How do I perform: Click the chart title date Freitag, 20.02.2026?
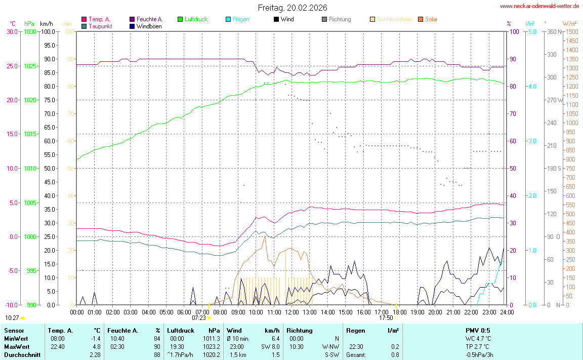click(292, 8)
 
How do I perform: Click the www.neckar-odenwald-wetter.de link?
click(539, 6)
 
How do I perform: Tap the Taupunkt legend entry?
click(100, 26)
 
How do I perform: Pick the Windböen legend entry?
click(149, 26)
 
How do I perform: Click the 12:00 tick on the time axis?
click(291, 311)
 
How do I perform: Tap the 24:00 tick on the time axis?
click(507, 311)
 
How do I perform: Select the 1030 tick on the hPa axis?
click(30, 32)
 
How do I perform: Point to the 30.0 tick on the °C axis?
click(12, 32)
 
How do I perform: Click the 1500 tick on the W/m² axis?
click(572, 32)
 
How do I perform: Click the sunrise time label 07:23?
click(199, 318)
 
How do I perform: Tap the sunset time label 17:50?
click(386, 318)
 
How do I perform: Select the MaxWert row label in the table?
click(15, 346)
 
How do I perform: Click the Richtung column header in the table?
click(299, 331)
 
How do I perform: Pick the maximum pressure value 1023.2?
click(211, 346)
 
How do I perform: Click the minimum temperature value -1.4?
click(95, 338)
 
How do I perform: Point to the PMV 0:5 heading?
click(478, 331)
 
